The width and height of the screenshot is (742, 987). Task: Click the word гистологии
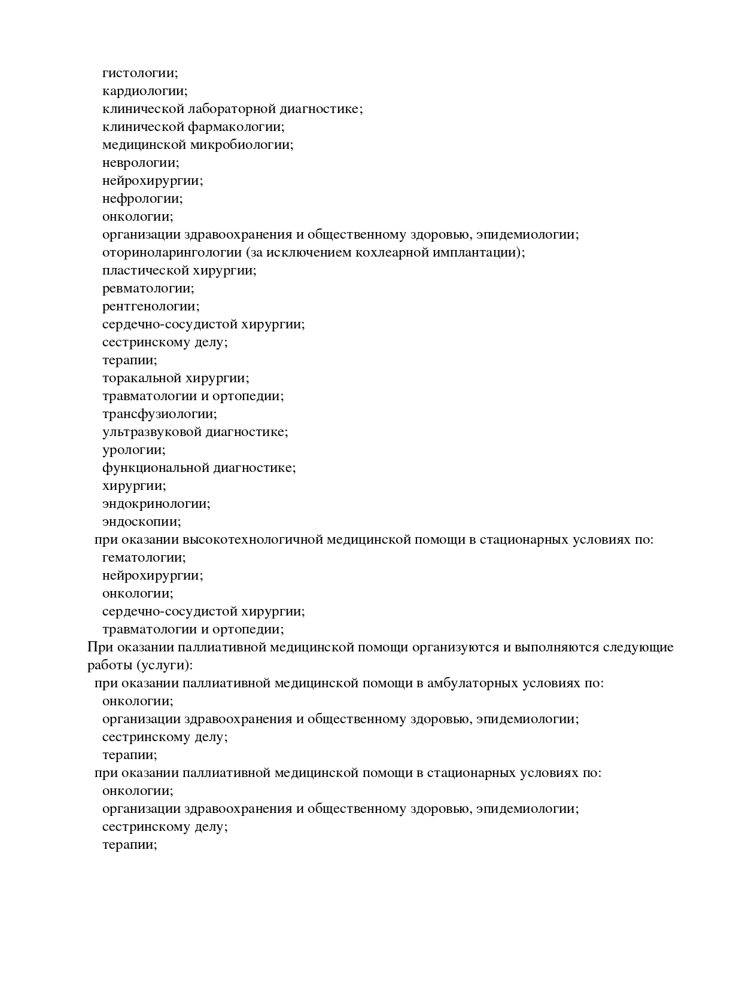pos(140,73)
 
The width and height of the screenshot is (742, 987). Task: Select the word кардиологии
pos(145,91)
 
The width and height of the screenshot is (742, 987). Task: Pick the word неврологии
pos(141,163)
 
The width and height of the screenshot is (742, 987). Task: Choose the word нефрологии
pos(142,199)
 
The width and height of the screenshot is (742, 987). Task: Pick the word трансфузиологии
pos(160,414)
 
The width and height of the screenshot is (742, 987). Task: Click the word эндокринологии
pos(156,504)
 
